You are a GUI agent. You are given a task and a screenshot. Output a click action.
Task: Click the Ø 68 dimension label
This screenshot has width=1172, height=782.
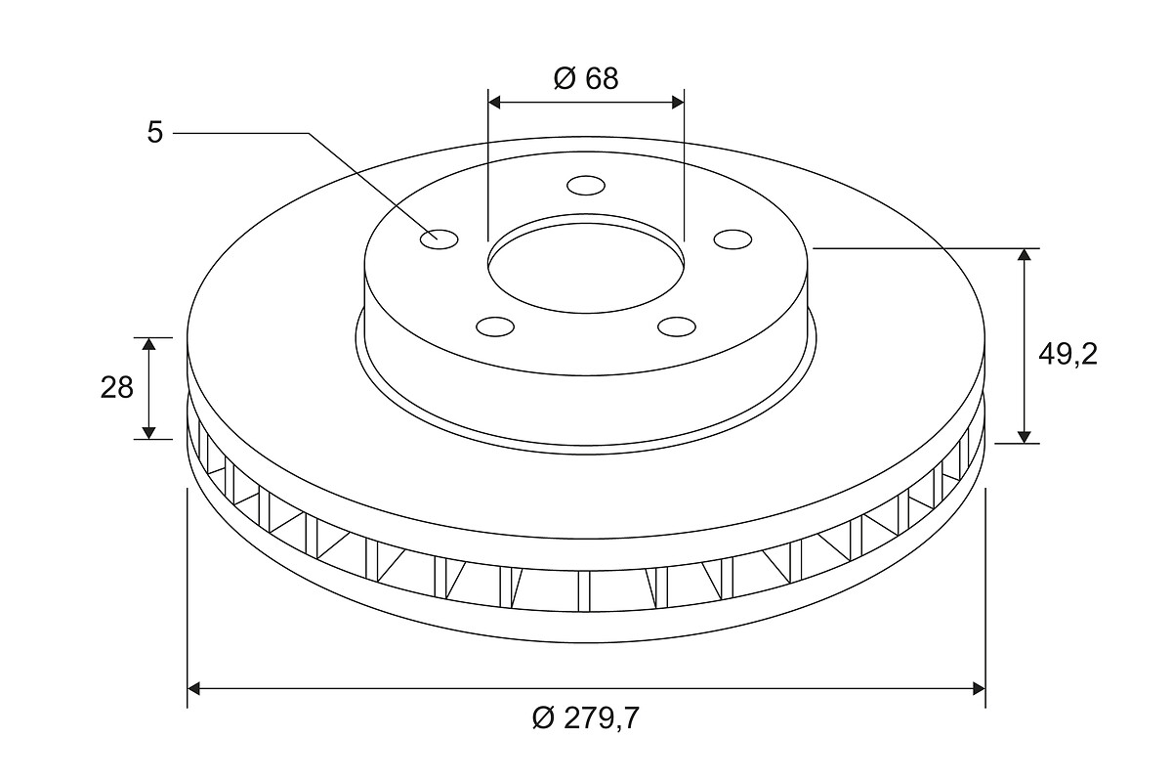pyautogui.click(x=586, y=78)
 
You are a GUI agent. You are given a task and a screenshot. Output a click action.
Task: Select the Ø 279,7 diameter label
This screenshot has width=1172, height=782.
pyautogui.click(x=585, y=717)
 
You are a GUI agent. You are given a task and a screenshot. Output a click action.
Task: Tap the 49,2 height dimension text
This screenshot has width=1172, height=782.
pyautogui.click(x=1067, y=355)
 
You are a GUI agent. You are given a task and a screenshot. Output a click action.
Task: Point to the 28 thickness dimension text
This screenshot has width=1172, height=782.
pyautogui.click(x=116, y=388)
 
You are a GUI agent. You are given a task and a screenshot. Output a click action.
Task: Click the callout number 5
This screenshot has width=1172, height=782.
pyautogui.click(x=155, y=132)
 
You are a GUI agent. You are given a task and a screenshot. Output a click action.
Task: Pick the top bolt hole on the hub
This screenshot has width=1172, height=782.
pyautogui.click(x=586, y=186)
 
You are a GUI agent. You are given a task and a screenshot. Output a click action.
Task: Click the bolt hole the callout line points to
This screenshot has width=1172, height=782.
pyautogui.click(x=439, y=239)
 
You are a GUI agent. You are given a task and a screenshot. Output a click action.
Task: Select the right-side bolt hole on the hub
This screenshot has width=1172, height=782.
pyautogui.click(x=733, y=239)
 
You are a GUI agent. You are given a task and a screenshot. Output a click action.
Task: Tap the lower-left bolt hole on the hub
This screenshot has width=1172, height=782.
pyautogui.click(x=495, y=326)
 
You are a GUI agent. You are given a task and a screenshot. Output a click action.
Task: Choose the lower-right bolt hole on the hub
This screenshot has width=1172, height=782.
pyautogui.click(x=677, y=326)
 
